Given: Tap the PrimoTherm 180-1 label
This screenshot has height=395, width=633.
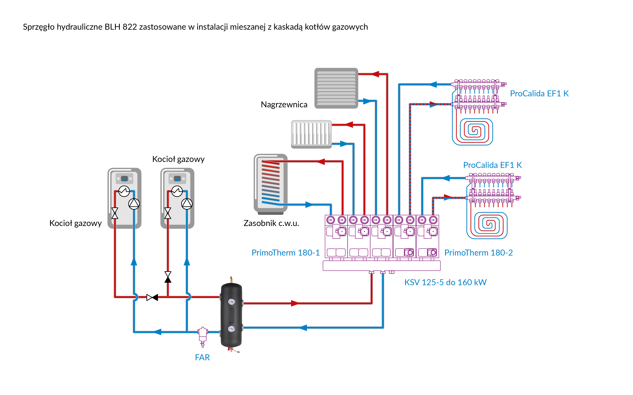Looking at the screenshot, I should click(x=285, y=253).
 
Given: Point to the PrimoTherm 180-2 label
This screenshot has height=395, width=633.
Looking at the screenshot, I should click(x=478, y=253).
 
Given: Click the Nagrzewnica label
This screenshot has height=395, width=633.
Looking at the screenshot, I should click(x=284, y=104).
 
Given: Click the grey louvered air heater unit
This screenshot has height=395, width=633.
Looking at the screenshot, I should click(x=336, y=88).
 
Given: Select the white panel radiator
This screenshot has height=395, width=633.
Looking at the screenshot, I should click(x=311, y=134).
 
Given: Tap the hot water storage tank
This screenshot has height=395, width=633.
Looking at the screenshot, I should click(x=270, y=183).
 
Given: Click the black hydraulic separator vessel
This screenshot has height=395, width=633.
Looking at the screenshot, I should click(x=231, y=315).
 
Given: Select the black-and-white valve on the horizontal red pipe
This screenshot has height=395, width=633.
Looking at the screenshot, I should click(x=152, y=297).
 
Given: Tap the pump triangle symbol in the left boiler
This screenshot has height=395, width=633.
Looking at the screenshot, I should click(x=134, y=204).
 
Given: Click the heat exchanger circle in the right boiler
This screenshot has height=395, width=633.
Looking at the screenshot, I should click(x=177, y=191).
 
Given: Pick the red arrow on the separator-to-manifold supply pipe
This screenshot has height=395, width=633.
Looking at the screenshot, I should click(x=295, y=303).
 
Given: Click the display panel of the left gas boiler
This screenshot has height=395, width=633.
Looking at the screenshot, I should click(x=124, y=179).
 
